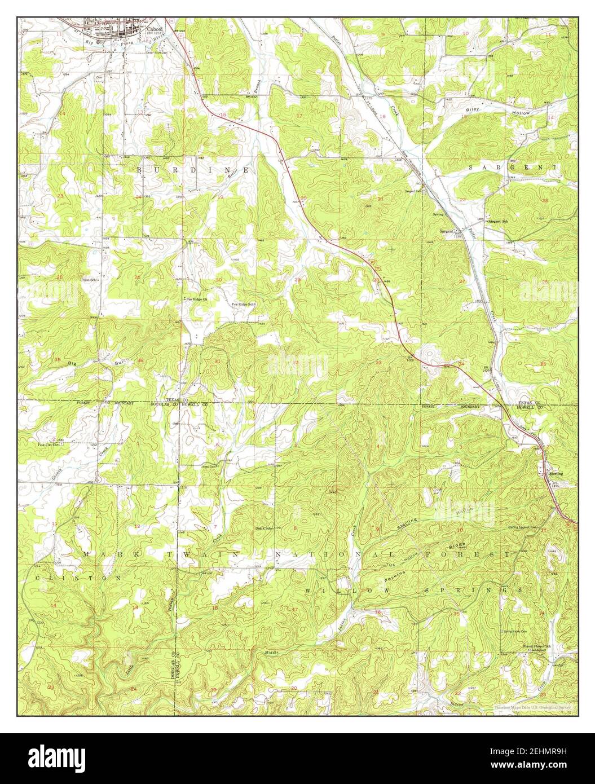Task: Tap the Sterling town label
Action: coord(556,474)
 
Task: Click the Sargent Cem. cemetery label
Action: coord(413,191)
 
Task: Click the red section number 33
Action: coord(378,362)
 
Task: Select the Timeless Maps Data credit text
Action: coord(532,707)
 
